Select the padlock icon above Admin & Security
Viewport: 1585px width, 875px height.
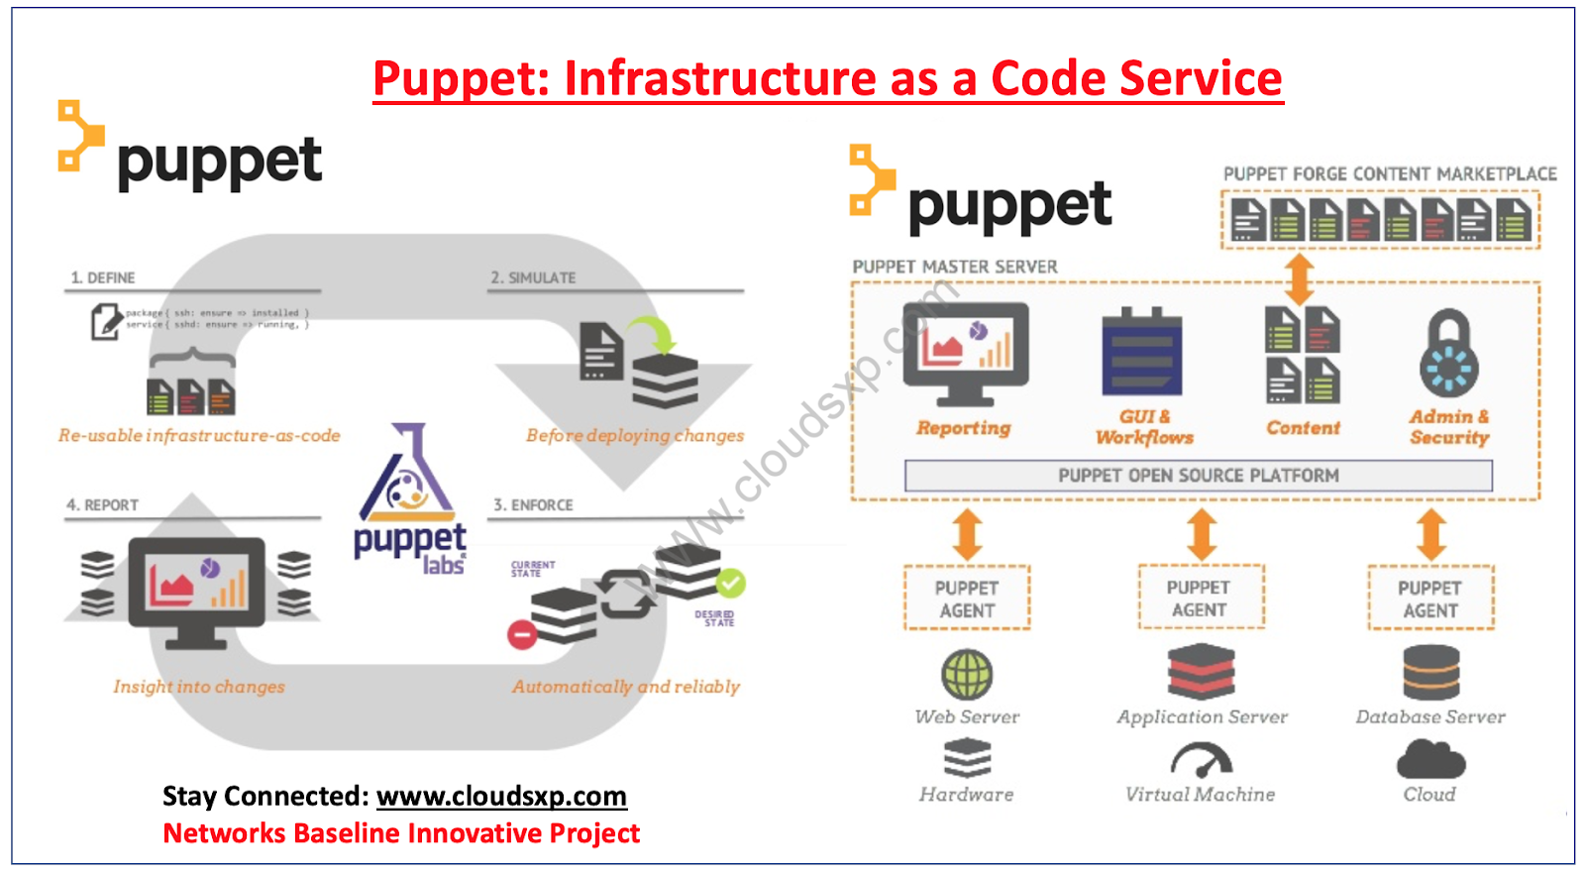point(1448,354)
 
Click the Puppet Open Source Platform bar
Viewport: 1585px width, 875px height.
point(1198,476)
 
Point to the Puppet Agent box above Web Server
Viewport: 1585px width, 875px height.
point(967,599)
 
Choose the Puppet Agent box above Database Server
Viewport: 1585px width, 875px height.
point(1429,599)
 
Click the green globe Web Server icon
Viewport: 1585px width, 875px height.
point(967,674)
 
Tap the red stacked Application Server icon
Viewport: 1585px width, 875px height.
point(1201,672)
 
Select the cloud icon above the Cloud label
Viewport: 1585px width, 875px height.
point(1429,760)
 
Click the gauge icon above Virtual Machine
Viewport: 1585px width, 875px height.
point(1201,760)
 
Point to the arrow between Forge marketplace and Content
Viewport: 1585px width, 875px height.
point(1300,279)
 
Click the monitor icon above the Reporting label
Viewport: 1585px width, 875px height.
point(965,353)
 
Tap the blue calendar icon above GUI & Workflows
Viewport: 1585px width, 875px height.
point(1141,354)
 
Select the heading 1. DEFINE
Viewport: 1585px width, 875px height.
point(103,278)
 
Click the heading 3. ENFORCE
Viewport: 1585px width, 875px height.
point(534,505)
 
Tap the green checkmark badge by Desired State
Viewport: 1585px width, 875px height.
point(731,583)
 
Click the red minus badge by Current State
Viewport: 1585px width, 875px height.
point(522,634)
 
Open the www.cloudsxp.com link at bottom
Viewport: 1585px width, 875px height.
point(501,797)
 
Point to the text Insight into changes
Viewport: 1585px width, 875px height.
point(199,687)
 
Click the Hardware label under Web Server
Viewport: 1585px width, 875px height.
point(966,795)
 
